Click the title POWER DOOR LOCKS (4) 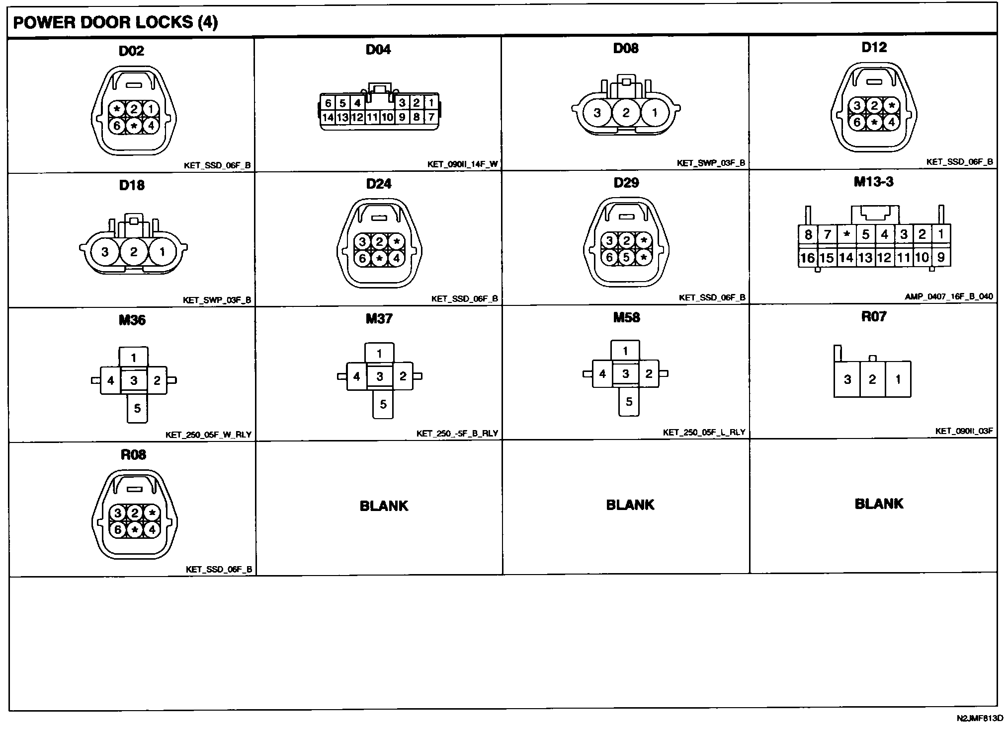pos(115,23)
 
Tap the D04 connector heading pos(378,50)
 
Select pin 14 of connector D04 pos(328,118)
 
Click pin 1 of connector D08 pos(655,113)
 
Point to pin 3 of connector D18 pos(105,252)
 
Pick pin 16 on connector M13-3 pos(808,258)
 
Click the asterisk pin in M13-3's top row pos(846,234)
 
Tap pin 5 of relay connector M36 pos(137,408)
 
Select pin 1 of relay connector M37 pos(379,354)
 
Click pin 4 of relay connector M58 pos(602,373)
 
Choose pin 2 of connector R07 pos(872,379)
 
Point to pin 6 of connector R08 pos(118,530)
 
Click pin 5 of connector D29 pos(626,258)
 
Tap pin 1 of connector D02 pos(151,109)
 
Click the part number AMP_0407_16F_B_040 pos(948,297)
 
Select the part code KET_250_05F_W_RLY pos(208,435)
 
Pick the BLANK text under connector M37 pos(384,506)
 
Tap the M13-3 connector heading pos(873,182)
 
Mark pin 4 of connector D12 pos(891,122)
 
